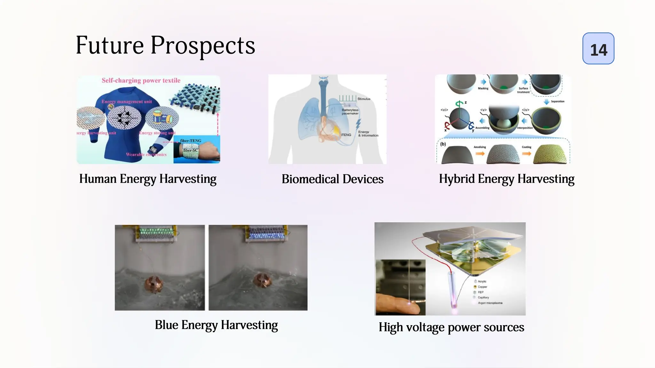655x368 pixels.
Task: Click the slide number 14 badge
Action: click(x=598, y=49)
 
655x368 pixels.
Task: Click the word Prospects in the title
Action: click(x=203, y=46)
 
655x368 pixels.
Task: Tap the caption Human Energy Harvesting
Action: click(x=148, y=179)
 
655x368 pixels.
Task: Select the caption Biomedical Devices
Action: click(x=332, y=179)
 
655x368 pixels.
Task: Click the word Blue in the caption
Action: click(x=166, y=325)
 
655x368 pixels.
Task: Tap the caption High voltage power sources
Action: click(x=451, y=327)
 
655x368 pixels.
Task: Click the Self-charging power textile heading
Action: click(x=141, y=80)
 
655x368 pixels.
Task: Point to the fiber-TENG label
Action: click(x=191, y=141)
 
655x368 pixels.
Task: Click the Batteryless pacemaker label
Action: click(x=350, y=111)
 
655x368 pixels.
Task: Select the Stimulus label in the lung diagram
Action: click(x=364, y=99)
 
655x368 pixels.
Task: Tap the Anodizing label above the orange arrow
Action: click(x=479, y=147)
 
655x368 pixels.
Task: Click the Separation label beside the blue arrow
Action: click(x=557, y=102)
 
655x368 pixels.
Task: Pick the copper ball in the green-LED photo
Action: click(x=153, y=284)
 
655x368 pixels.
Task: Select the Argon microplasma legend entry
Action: click(x=490, y=303)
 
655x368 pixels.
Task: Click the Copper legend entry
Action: click(x=482, y=287)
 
